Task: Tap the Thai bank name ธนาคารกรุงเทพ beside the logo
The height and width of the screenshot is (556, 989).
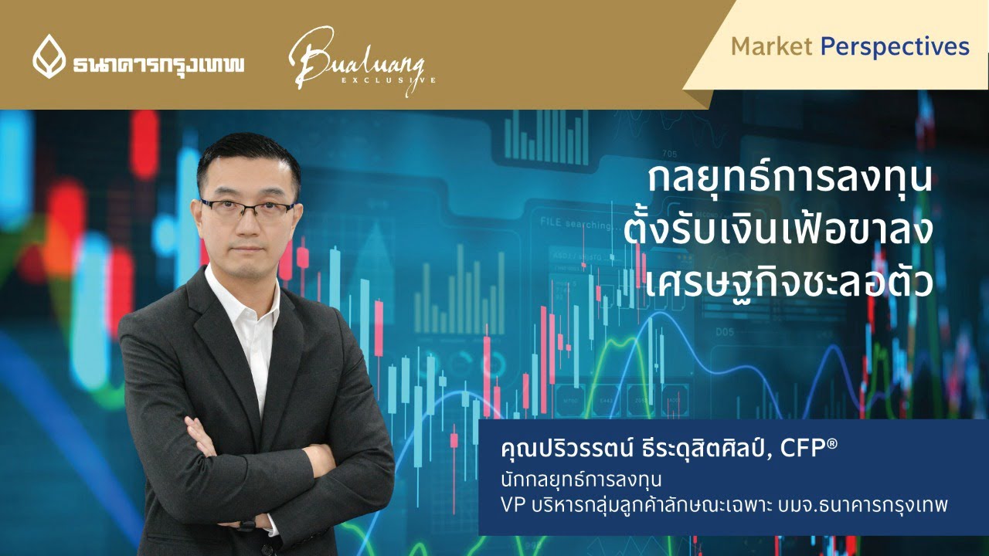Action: pos(158,63)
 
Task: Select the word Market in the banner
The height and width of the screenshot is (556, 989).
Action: pos(771,47)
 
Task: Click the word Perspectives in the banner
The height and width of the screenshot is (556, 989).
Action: pos(895,47)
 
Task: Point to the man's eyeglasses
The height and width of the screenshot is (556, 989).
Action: pos(247,208)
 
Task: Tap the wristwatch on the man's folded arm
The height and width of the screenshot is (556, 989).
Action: pos(246,526)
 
